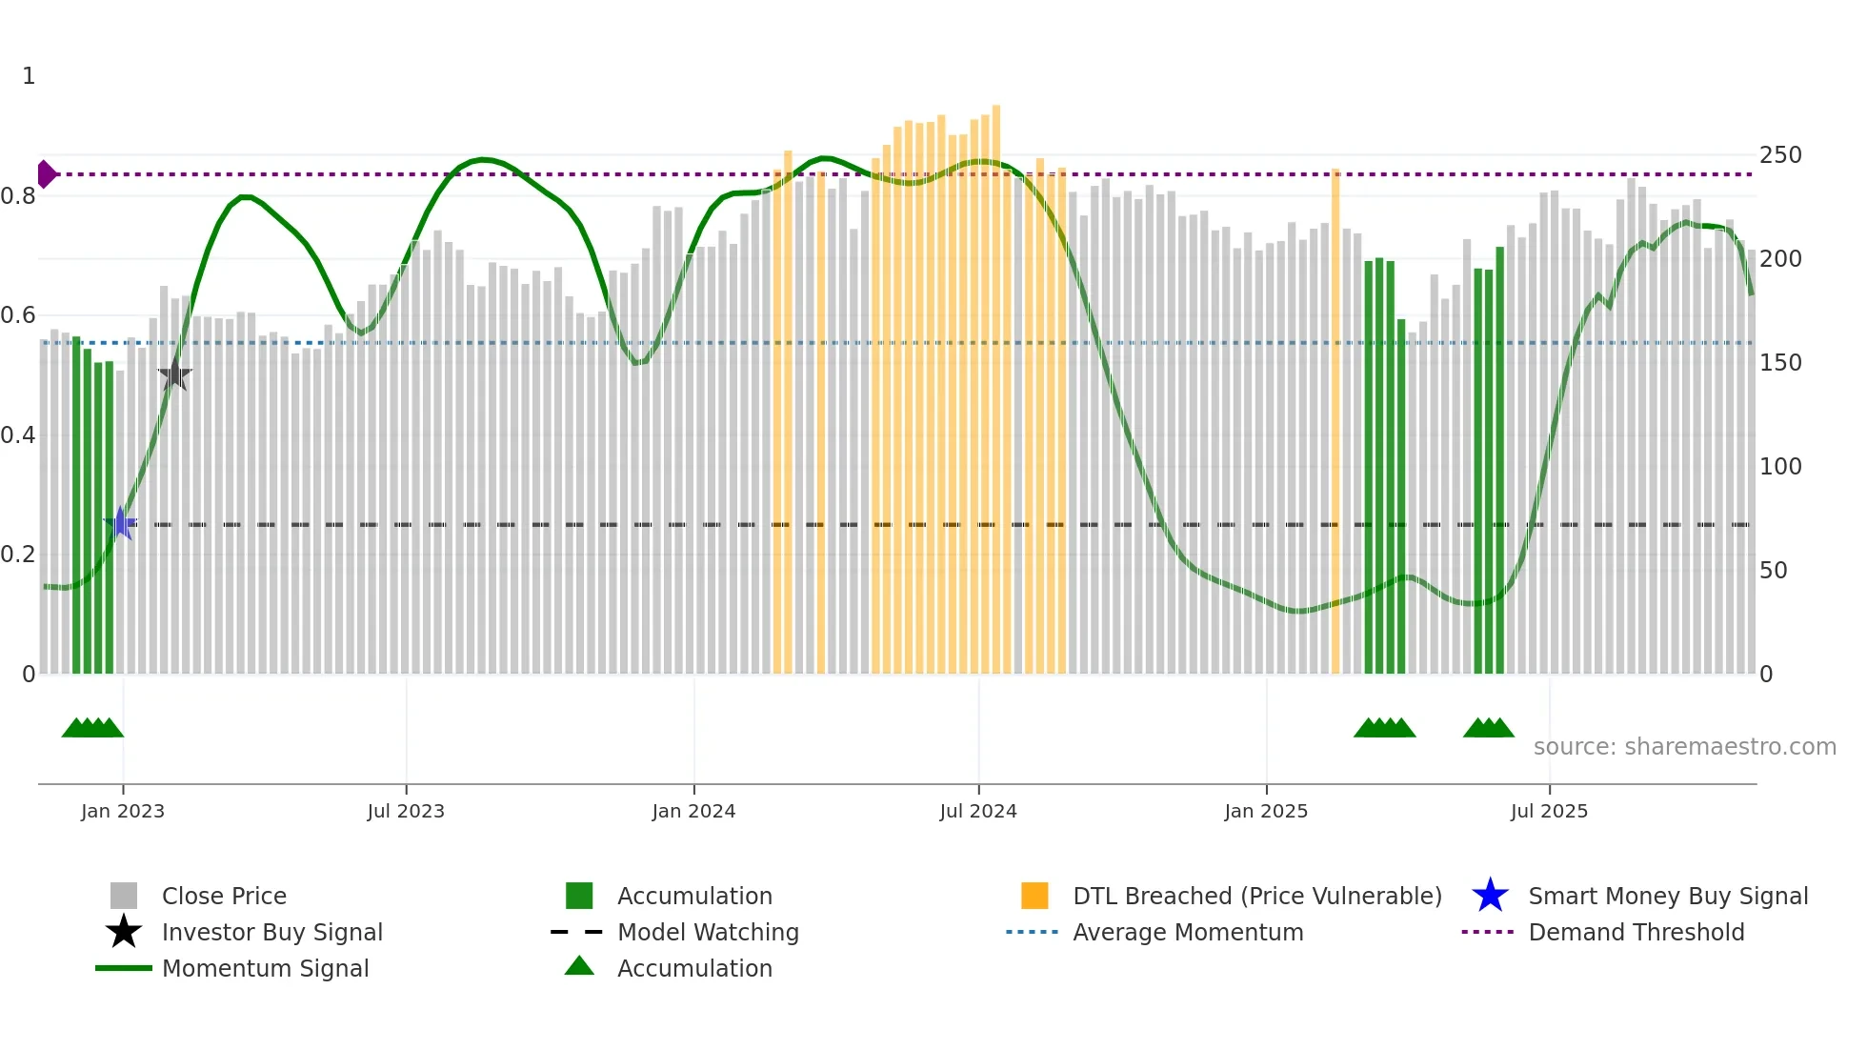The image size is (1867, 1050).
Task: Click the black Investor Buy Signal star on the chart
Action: tap(174, 374)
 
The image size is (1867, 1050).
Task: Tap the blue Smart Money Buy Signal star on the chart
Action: tap(120, 523)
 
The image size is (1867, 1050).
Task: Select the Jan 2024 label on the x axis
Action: tap(693, 811)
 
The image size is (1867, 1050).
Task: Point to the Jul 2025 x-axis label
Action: tap(1549, 811)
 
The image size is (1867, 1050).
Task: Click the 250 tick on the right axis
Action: tap(1780, 155)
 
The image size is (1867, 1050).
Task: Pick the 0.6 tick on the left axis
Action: tap(18, 315)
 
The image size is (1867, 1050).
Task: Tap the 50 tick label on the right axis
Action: tap(1774, 571)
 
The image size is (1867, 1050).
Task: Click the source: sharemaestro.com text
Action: tap(1684, 747)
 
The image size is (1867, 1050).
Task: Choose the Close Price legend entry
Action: tap(224, 896)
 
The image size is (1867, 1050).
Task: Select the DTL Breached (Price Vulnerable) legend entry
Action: tap(1256, 896)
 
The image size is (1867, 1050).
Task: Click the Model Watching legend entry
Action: tap(707, 932)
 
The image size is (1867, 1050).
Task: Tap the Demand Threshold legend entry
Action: tap(1636, 932)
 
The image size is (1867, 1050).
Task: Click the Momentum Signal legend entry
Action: tap(265, 968)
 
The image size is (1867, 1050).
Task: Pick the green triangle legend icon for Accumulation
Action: tap(579, 966)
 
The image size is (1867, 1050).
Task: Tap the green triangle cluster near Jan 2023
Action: tap(92, 728)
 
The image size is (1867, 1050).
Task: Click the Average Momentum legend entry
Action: tap(1187, 932)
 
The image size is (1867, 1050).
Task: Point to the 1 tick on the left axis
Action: tap(29, 76)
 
